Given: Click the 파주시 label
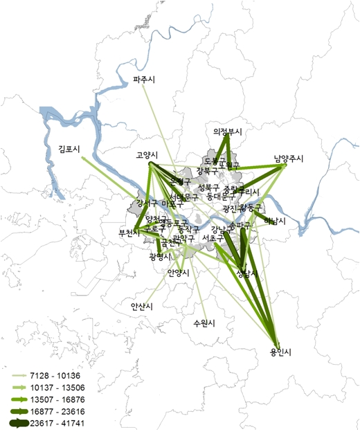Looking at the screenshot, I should click(x=144, y=80).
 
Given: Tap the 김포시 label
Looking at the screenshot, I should click(x=70, y=149).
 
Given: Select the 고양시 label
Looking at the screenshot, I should click(x=147, y=155).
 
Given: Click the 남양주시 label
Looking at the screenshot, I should click(x=289, y=159).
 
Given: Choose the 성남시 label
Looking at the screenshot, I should click(x=246, y=273).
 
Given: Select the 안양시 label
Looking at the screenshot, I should click(x=178, y=273).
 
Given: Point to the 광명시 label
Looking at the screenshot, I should click(x=161, y=257).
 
